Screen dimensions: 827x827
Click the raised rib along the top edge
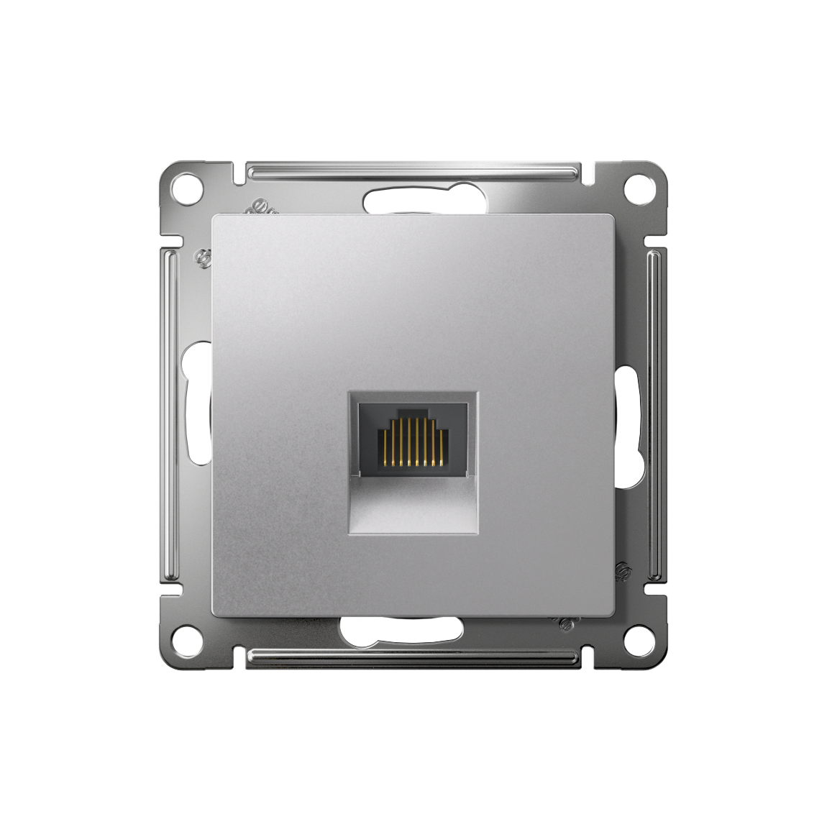[x=413, y=172]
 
